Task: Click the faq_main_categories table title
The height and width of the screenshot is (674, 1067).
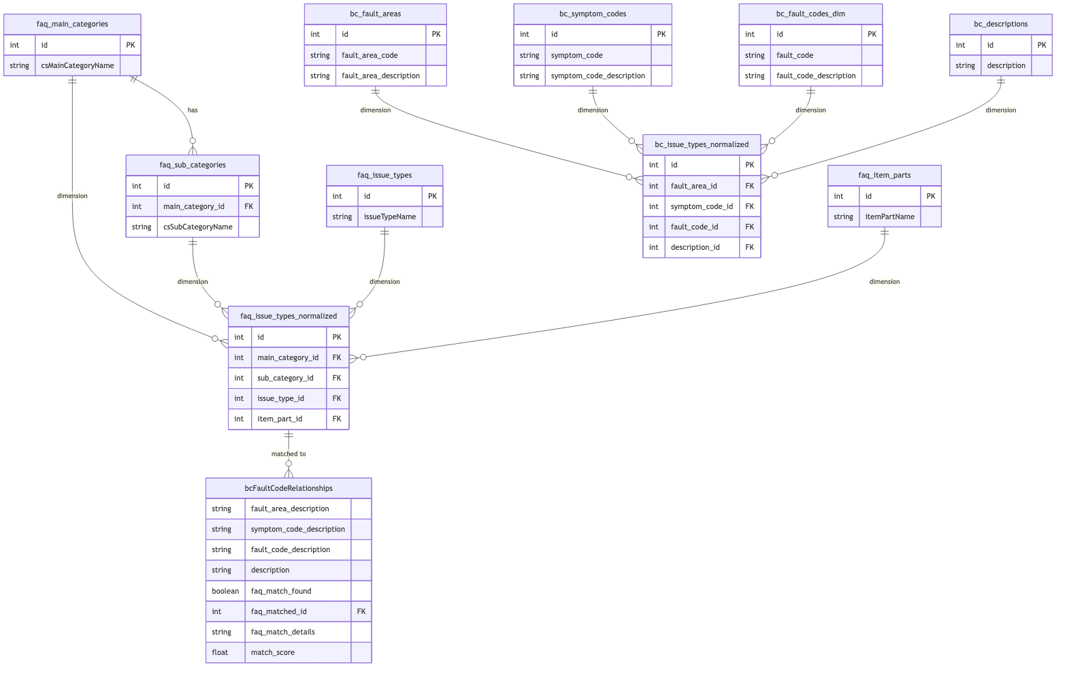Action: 72,24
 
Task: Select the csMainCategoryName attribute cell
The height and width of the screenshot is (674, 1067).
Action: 78,65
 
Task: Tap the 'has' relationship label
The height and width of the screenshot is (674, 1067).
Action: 193,110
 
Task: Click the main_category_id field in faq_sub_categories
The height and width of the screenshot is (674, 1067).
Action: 194,206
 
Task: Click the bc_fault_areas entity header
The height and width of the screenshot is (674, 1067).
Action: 375,14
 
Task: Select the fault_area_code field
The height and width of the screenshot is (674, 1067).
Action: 370,55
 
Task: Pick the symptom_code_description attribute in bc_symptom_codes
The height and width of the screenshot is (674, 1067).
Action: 597,76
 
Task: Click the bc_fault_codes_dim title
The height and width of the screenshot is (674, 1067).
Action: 810,14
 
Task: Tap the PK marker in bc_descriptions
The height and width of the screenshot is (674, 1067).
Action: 1041,45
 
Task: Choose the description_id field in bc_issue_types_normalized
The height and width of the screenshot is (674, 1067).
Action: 695,247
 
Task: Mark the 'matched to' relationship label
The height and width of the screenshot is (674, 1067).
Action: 289,453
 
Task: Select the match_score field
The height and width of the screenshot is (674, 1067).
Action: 273,652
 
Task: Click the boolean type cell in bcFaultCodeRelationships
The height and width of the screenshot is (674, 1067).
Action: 225,591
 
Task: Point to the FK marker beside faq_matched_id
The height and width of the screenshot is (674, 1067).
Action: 361,611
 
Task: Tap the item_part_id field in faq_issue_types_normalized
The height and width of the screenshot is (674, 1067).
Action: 280,419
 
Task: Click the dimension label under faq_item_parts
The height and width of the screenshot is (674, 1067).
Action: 884,282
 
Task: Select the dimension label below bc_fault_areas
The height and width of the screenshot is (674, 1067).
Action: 376,110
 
